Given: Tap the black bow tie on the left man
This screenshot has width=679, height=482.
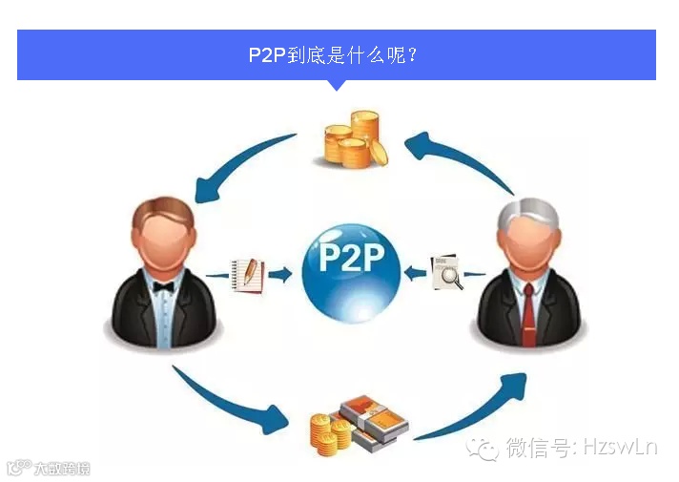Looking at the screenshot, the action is point(164,285).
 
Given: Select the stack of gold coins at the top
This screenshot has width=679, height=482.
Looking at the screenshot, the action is point(354,139).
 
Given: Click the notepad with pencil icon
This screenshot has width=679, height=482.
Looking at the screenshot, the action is point(246,274).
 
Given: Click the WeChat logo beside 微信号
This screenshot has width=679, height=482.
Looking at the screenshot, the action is point(488,448).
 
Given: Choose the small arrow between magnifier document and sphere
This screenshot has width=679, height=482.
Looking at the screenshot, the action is point(414,273).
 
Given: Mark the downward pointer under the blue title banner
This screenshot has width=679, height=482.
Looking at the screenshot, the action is point(337,85).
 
